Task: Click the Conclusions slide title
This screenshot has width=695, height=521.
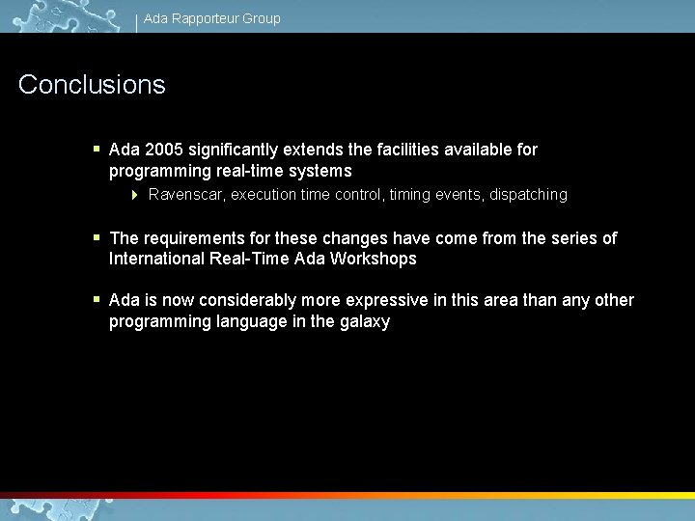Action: [92, 85]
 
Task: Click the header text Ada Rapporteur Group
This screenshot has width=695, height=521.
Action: [212, 18]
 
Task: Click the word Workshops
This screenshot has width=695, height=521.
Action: [374, 259]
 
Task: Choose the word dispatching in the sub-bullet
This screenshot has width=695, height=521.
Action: [528, 195]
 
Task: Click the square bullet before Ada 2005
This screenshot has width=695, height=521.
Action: [97, 150]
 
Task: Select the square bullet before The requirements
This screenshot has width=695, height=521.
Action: [97, 237]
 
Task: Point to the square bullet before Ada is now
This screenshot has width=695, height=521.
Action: [97, 300]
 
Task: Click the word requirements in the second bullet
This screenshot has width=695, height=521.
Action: [189, 237]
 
